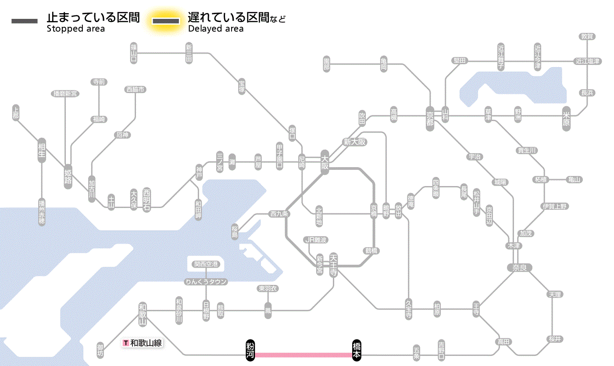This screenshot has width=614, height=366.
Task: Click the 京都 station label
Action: (x=430, y=116)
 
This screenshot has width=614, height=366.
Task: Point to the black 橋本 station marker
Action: (x=357, y=350)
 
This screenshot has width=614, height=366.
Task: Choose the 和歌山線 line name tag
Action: (x=143, y=343)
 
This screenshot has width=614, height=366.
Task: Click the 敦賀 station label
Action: (x=587, y=36)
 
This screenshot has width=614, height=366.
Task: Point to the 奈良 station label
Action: (x=519, y=267)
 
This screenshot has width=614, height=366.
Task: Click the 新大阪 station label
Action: (x=355, y=142)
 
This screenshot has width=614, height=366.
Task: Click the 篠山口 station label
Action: (x=134, y=53)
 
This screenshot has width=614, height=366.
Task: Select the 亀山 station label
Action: (x=574, y=179)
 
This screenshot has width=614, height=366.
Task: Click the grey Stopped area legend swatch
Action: (x=24, y=21)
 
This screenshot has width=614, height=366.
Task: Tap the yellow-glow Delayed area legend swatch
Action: (x=165, y=21)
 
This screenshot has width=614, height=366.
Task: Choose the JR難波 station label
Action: (x=316, y=240)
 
